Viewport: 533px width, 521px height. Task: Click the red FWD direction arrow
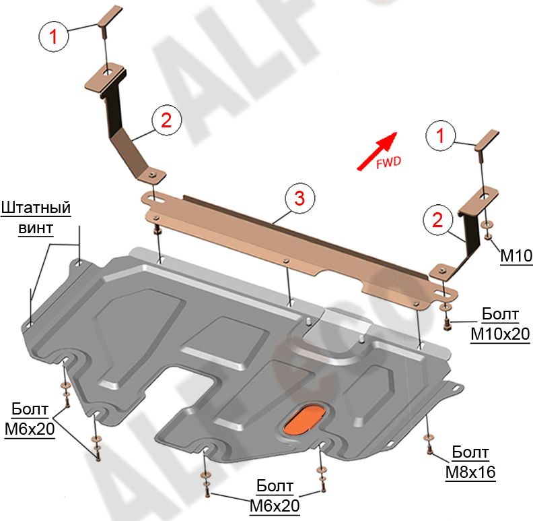pos(377,150)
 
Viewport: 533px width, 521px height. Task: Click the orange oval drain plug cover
pos(305,418)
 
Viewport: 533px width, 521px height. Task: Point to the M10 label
pos(516,255)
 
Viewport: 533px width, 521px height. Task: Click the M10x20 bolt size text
pos(500,334)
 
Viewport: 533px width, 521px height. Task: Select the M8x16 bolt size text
pos(470,472)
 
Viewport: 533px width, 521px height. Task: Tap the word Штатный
pos(36,207)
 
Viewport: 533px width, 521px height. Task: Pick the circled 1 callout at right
pos(440,137)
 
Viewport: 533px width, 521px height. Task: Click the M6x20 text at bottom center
pos(274,505)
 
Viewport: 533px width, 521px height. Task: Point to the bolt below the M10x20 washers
pos(448,326)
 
